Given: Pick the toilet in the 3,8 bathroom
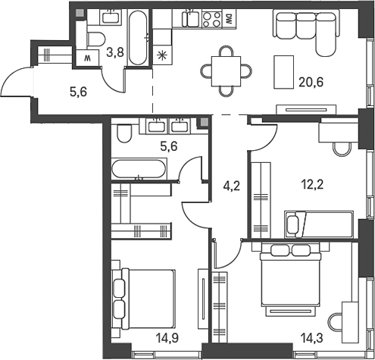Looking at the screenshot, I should point(98,38).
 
